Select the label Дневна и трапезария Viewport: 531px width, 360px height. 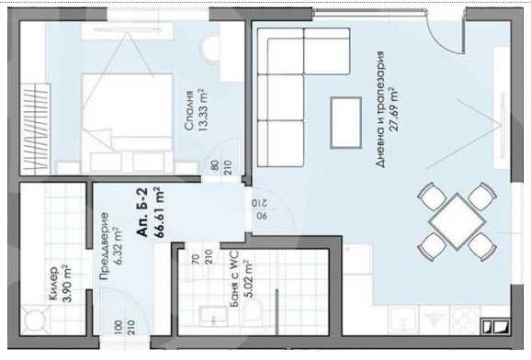click(379, 120)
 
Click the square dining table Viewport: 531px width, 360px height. click(456, 221)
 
